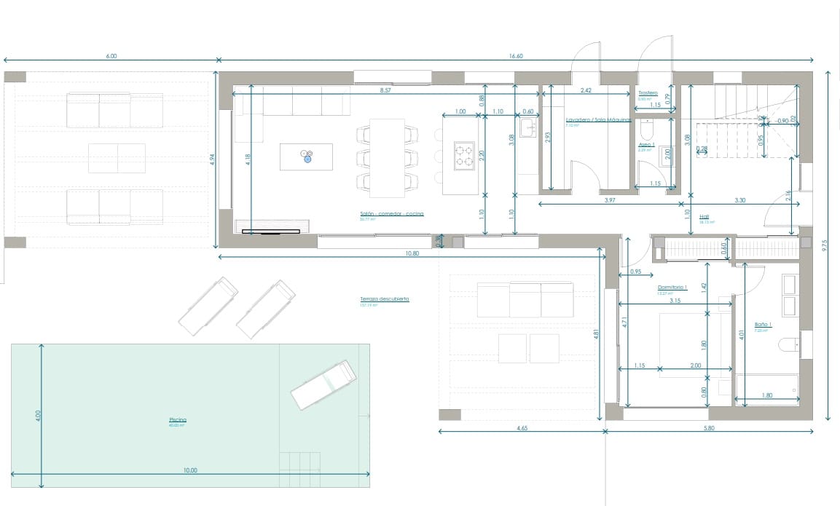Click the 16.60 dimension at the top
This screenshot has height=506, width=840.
[515, 55]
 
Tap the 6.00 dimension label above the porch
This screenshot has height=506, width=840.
[111, 55]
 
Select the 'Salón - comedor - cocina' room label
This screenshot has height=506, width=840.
[391, 214]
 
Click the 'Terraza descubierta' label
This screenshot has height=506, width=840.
[384, 299]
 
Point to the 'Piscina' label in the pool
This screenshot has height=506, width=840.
[178, 420]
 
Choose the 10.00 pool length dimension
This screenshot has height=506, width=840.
[191, 470]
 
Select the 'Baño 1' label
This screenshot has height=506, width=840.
[761, 325]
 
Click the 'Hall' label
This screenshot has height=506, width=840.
[704, 216]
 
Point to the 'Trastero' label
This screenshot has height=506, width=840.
[648, 93]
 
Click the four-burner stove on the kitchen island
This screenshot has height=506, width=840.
[465, 155]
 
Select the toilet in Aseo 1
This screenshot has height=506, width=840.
[645, 130]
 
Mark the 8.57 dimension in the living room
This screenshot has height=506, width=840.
[385, 91]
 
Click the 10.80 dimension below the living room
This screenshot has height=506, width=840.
[412, 253]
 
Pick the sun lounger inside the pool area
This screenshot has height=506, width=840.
[323, 386]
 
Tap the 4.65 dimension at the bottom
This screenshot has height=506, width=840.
[522, 429]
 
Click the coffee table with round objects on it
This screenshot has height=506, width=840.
[307, 156]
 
